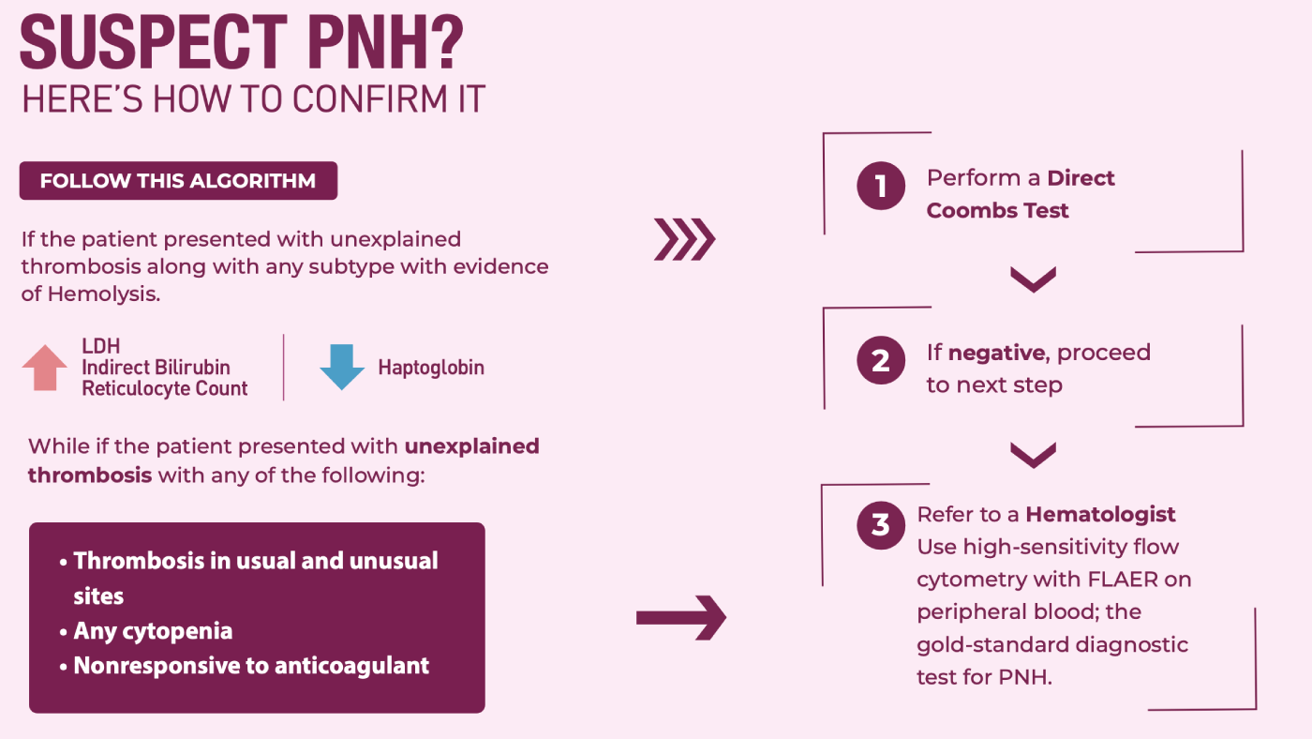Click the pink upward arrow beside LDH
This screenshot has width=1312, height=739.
point(45,368)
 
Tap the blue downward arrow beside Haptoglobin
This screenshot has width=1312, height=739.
point(342,368)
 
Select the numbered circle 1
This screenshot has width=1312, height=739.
point(880,186)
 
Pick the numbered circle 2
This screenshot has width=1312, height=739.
point(880,360)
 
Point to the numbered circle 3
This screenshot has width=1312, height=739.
point(880,525)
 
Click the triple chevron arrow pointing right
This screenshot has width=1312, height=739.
point(684,239)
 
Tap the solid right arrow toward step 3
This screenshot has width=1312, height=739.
point(681,618)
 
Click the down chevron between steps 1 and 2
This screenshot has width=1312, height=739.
point(1033,279)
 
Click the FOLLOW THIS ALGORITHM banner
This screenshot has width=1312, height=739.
point(178,180)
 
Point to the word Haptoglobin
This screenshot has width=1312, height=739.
point(431,368)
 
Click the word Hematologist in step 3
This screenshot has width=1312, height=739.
point(1100,515)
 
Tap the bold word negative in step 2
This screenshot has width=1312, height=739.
point(996,353)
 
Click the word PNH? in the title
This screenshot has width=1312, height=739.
point(385,42)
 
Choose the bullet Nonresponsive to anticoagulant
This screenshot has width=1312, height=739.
point(245,666)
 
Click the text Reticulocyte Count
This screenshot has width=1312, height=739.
point(165,388)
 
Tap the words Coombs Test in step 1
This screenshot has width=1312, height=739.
point(997,210)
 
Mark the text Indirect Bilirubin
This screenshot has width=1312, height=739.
point(156,368)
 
